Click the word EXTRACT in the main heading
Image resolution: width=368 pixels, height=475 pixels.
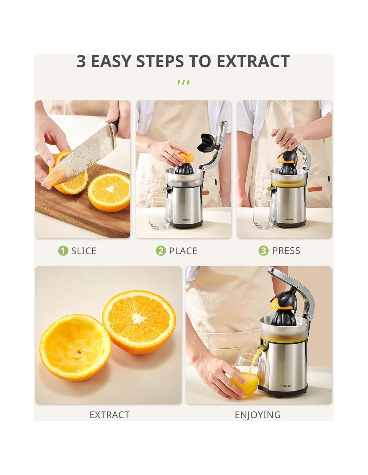pos(253,61)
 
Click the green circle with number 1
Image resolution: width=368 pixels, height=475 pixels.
pos(63,251)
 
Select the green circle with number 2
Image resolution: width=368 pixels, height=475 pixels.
pos(161,251)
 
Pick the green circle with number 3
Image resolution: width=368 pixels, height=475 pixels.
pos(263,251)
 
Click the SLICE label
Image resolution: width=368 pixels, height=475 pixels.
pos(84,251)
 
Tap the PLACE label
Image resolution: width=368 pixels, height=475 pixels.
pos(183,251)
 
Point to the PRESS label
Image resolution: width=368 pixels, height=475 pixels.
pos(286,251)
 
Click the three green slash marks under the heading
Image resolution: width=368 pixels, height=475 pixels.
pos(183,82)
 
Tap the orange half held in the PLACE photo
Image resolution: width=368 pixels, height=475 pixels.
pos(186,158)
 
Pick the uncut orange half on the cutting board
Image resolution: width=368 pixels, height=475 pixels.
pos(109,192)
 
